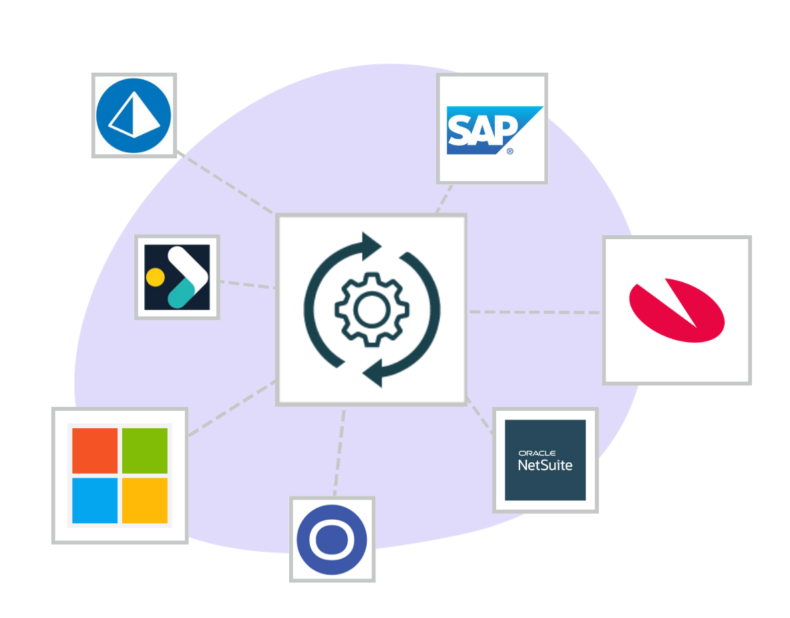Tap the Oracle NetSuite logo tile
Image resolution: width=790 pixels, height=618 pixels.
(545, 460)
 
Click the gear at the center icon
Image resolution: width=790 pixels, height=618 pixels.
(371, 309)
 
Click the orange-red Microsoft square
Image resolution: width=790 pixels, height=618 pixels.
(95, 450)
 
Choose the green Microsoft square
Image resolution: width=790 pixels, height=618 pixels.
(144, 450)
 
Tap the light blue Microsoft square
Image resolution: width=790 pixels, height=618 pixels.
(95, 500)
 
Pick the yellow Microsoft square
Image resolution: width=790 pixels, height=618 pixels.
(144, 500)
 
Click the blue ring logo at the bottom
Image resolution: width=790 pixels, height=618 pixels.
(332, 539)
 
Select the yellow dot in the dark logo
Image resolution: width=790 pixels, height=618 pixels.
(155, 277)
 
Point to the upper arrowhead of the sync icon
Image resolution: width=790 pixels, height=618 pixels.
(370, 245)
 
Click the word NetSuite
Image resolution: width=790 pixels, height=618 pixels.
(545, 465)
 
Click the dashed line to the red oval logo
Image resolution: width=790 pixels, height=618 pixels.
(534, 312)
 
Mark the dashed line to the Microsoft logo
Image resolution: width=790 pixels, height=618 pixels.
(230, 408)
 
